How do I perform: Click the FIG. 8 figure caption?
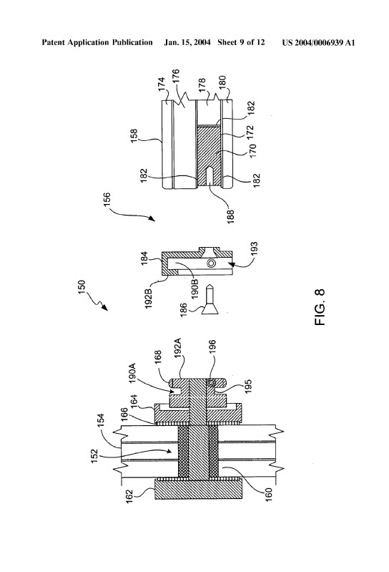(320, 307)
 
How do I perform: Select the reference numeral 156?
(107, 200)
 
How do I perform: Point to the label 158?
(134, 136)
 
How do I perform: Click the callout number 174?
(162, 84)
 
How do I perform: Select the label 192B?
(149, 299)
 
